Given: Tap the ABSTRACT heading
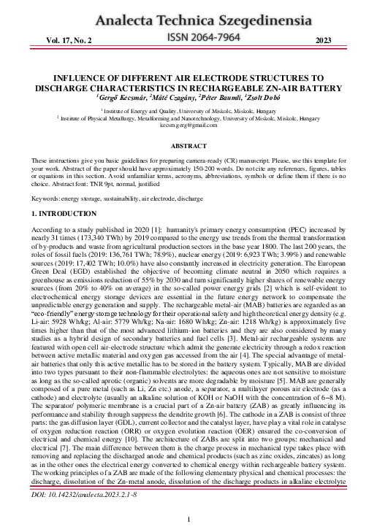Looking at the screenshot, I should click(188, 146).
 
